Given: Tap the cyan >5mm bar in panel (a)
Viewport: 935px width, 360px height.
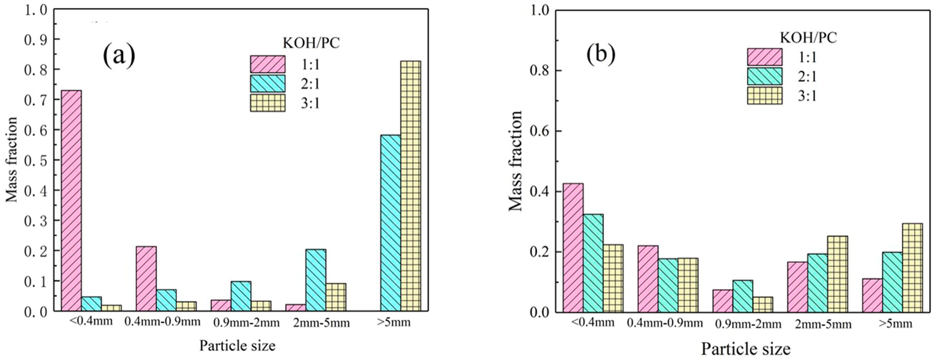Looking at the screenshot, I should (x=391, y=223).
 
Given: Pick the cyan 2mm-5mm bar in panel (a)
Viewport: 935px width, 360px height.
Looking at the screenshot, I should (x=315, y=280).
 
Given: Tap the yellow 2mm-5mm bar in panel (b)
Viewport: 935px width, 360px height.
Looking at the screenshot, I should (x=837, y=274).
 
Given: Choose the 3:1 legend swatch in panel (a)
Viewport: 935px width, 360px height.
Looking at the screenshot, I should (x=267, y=103).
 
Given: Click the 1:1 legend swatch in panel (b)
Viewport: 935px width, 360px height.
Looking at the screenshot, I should (x=764, y=57).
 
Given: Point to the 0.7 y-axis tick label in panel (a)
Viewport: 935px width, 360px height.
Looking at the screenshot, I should (x=36, y=100).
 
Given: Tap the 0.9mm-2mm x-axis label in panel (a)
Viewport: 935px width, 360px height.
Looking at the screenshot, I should (x=246, y=322).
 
